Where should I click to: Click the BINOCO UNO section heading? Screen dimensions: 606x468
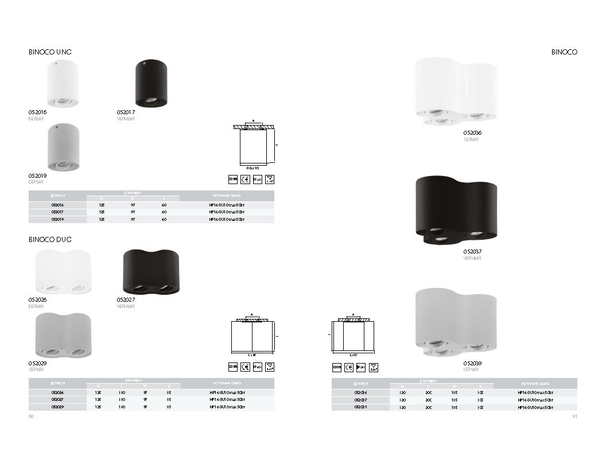click(x=50, y=52)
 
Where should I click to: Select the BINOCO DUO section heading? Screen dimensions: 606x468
click(x=50, y=239)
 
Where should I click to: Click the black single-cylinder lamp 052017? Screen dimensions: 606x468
click(x=151, y=83)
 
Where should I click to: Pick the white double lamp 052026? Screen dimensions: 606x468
click(x=63, y=272)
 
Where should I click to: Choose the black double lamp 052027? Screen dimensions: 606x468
click(x=151, y=272)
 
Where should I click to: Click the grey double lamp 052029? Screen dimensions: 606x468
click(x=63, y=335)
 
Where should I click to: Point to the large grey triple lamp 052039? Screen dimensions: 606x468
click(x=455, y=324)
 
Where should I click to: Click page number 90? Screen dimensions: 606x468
click(x=31, y=416)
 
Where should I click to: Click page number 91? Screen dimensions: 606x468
click(x=574, y=416)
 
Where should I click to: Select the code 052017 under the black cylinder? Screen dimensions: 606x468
click(x=126, y=112)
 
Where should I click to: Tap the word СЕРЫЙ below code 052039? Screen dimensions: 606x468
click(x=471, y=370)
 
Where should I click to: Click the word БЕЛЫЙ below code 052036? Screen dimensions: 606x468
click(x=471, y=139)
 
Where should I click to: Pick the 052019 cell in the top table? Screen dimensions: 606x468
click(x=57, y=219)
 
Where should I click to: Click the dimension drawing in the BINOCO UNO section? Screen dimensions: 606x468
click(x=253, y=146)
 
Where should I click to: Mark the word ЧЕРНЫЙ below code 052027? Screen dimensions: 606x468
click(x=126, y=306)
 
